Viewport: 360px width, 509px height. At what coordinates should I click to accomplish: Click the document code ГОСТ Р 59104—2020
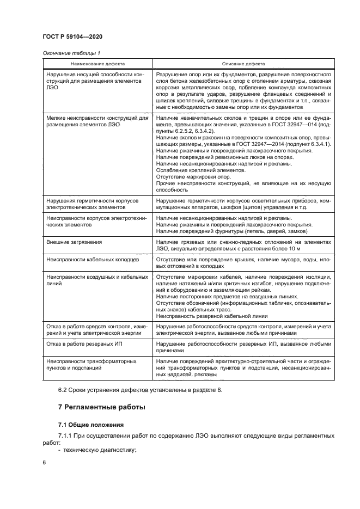tap(72, 36)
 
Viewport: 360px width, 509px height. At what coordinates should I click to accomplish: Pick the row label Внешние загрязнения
tap(75, 241)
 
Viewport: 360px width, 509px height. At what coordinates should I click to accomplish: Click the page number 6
tap(45, 462)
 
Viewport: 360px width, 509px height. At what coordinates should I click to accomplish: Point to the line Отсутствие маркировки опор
tap(193, 177)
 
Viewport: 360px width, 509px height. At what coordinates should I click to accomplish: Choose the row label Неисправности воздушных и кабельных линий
tap(97, 280)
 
